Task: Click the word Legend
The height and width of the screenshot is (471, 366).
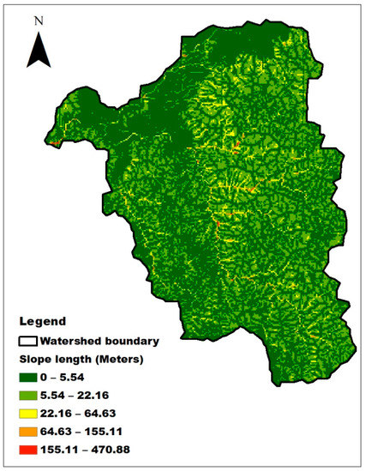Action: click(x=42, y=323)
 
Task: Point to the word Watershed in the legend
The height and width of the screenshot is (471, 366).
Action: click(x=71, y=340)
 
